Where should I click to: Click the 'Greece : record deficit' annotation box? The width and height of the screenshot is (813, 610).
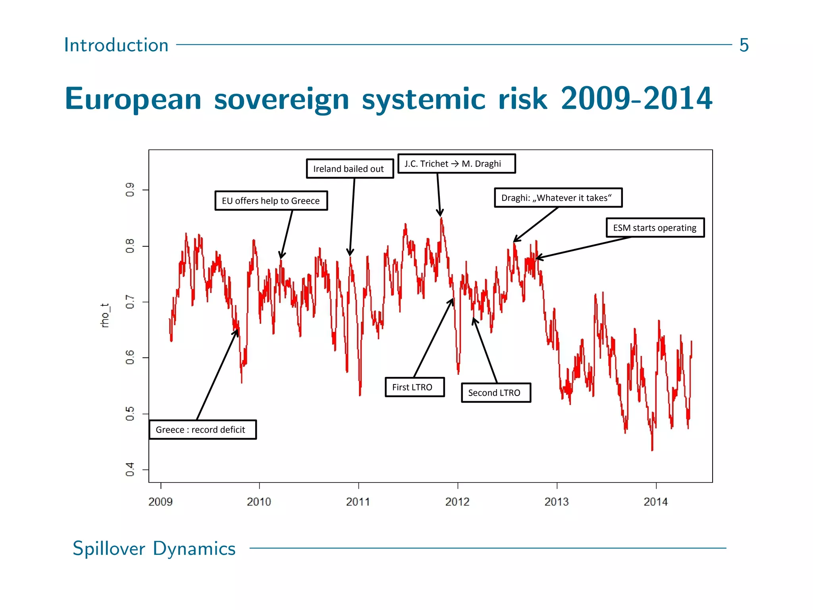point(202,430)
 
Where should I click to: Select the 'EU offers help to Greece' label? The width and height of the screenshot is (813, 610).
point(271,201)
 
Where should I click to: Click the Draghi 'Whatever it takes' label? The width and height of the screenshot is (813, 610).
point(558,198)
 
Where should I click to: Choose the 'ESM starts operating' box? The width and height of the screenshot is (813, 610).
point(655,228)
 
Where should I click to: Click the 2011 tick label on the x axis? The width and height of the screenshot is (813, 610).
point(358,502)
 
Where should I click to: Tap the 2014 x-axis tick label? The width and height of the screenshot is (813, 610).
point(655,502)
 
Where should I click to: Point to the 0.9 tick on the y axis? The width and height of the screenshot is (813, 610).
point(130,190)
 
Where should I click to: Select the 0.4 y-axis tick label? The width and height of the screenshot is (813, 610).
point(130,469)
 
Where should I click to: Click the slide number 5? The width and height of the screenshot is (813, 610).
point(744,45)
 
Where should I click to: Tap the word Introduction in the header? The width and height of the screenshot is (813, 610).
point(116,45)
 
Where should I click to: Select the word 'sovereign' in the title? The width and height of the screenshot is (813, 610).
point(281,99)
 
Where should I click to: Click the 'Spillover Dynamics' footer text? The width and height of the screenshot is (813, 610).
point(154,548)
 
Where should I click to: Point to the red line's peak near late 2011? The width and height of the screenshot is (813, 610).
point(441,218)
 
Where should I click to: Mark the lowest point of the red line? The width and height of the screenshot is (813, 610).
point(652,450)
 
